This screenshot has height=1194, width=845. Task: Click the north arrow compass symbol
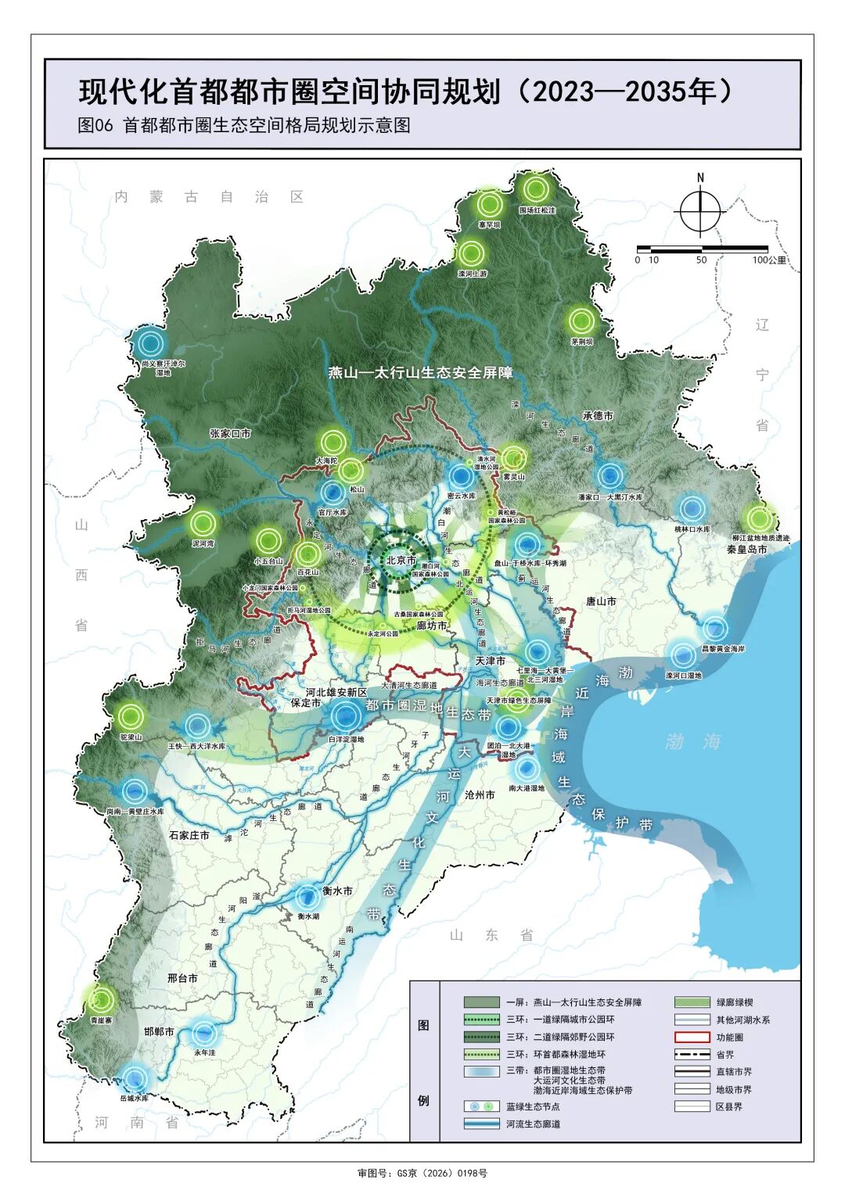(699, 210)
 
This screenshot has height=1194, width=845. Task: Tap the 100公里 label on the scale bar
(768, 260)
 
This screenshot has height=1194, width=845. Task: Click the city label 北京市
(401, 560)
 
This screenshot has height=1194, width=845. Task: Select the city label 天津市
(490, 661)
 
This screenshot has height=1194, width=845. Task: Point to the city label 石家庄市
(189, 835)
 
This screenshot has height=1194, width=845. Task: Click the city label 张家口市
(230, 432)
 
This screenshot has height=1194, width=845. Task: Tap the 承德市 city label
(598, 416)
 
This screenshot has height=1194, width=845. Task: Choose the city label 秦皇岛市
(746, 549)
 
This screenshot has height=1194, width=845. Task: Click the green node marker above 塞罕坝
(490, 205)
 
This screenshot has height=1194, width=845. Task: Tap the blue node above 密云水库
(462, 476)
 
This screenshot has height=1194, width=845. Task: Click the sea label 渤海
(692, 740)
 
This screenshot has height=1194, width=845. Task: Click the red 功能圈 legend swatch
(692, 1038)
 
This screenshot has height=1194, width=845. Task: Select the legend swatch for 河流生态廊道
(483, 1124)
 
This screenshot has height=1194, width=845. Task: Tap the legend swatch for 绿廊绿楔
(692, 1002)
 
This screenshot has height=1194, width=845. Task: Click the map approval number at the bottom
(422, 1173)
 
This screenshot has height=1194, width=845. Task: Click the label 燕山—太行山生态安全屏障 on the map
(420, 373)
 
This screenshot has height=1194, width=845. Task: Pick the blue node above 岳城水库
(135, 1079)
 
